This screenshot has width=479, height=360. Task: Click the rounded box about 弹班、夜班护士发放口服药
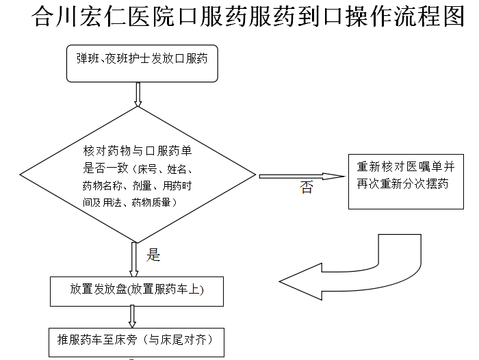(142, 64)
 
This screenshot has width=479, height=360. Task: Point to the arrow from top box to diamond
(138, 94)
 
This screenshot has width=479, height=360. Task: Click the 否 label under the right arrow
(307, 187)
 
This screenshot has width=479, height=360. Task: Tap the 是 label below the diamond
(153, 255)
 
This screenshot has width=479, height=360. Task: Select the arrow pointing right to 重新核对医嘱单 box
(302, 177)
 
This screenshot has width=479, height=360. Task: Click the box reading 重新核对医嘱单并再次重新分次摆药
(406, 181)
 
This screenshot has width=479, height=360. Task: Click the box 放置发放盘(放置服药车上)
(137, 292)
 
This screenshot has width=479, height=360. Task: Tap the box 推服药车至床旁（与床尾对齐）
(137, 343)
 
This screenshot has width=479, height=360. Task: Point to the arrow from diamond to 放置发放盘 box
(134, 260)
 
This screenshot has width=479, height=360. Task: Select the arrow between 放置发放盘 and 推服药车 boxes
(132, 317)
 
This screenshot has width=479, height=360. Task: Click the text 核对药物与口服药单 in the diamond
(138, 151)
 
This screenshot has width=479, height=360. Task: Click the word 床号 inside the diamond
(147, 169)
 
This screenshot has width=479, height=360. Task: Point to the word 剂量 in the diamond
(142, 185)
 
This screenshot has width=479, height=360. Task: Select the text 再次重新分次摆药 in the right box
(402, 183)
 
